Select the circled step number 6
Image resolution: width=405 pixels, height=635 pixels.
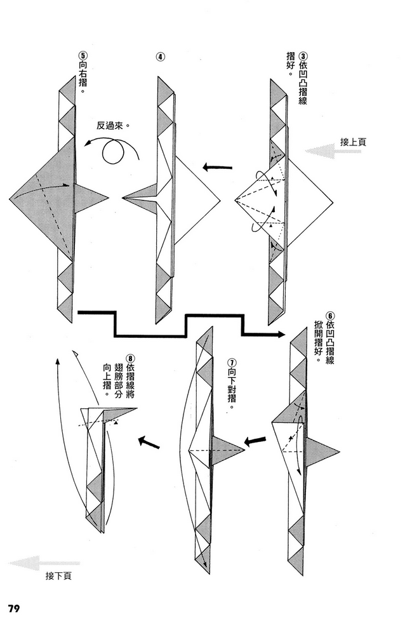coord(330,315)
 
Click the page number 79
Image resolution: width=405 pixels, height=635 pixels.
coord(17,608)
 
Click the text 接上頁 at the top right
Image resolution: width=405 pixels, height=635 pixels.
coord(353,142)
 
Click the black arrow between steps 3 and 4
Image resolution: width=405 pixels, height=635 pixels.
coord(217,168)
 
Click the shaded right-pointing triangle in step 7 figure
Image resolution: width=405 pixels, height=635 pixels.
coord(226,450)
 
